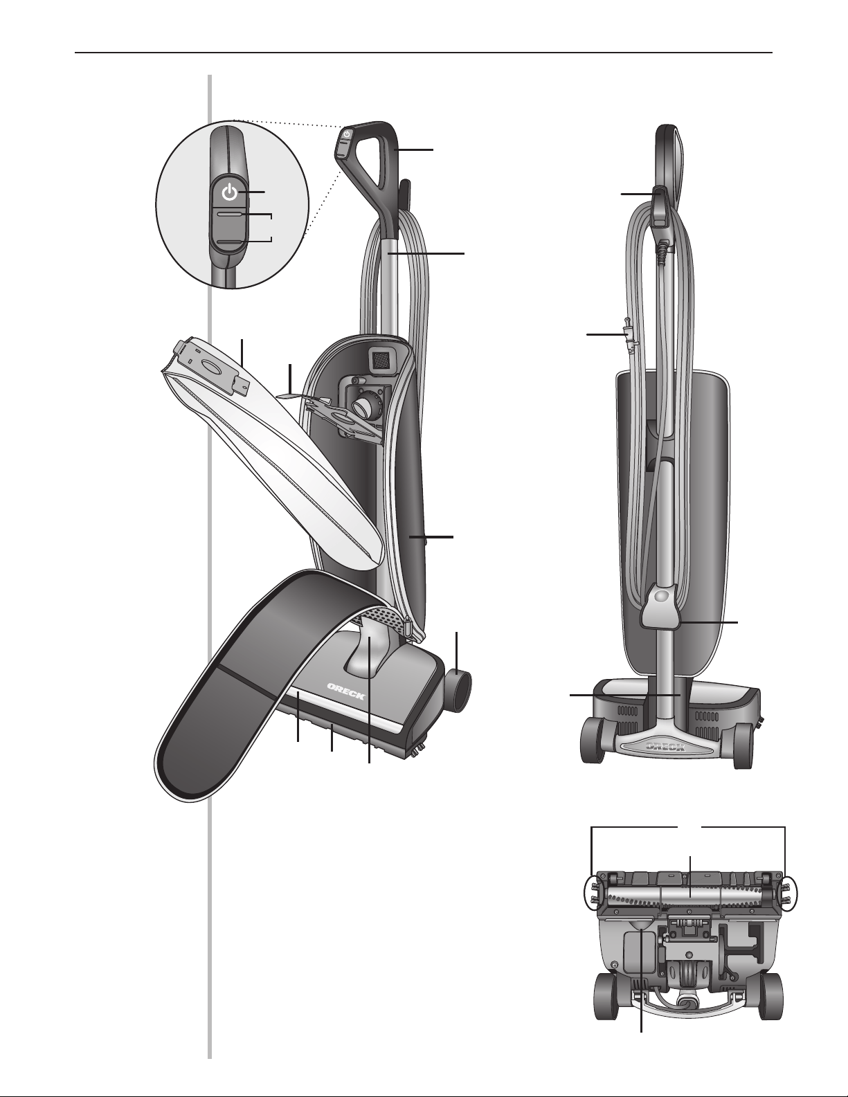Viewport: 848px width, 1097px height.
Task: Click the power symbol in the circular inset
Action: tap(230, 192)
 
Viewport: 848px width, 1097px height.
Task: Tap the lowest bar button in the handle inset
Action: tap(230, 242)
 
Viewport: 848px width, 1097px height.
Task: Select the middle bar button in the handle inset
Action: tap(230, 215)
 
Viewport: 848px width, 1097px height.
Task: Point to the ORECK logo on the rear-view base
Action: tap(665, 746)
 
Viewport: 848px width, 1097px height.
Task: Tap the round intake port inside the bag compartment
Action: tap(363, 405)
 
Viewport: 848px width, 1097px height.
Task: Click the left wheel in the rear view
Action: tap(594, 746)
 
